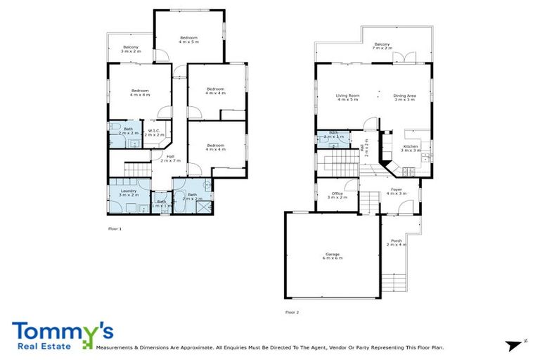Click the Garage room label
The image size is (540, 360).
[x=333, y=257]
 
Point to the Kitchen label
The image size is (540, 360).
[x=411, y=148]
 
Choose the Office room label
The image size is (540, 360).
[x=337, y=195]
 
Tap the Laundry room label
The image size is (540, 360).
[x=128, y=193]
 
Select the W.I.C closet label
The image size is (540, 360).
[x=154, y=131]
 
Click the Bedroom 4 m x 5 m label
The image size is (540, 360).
[x=188, y=39]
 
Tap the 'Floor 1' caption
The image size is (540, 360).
[x=115, y=229]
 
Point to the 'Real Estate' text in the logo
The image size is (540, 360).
[x=40, y=347]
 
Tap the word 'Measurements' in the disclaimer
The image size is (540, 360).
[x=115, y=347]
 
